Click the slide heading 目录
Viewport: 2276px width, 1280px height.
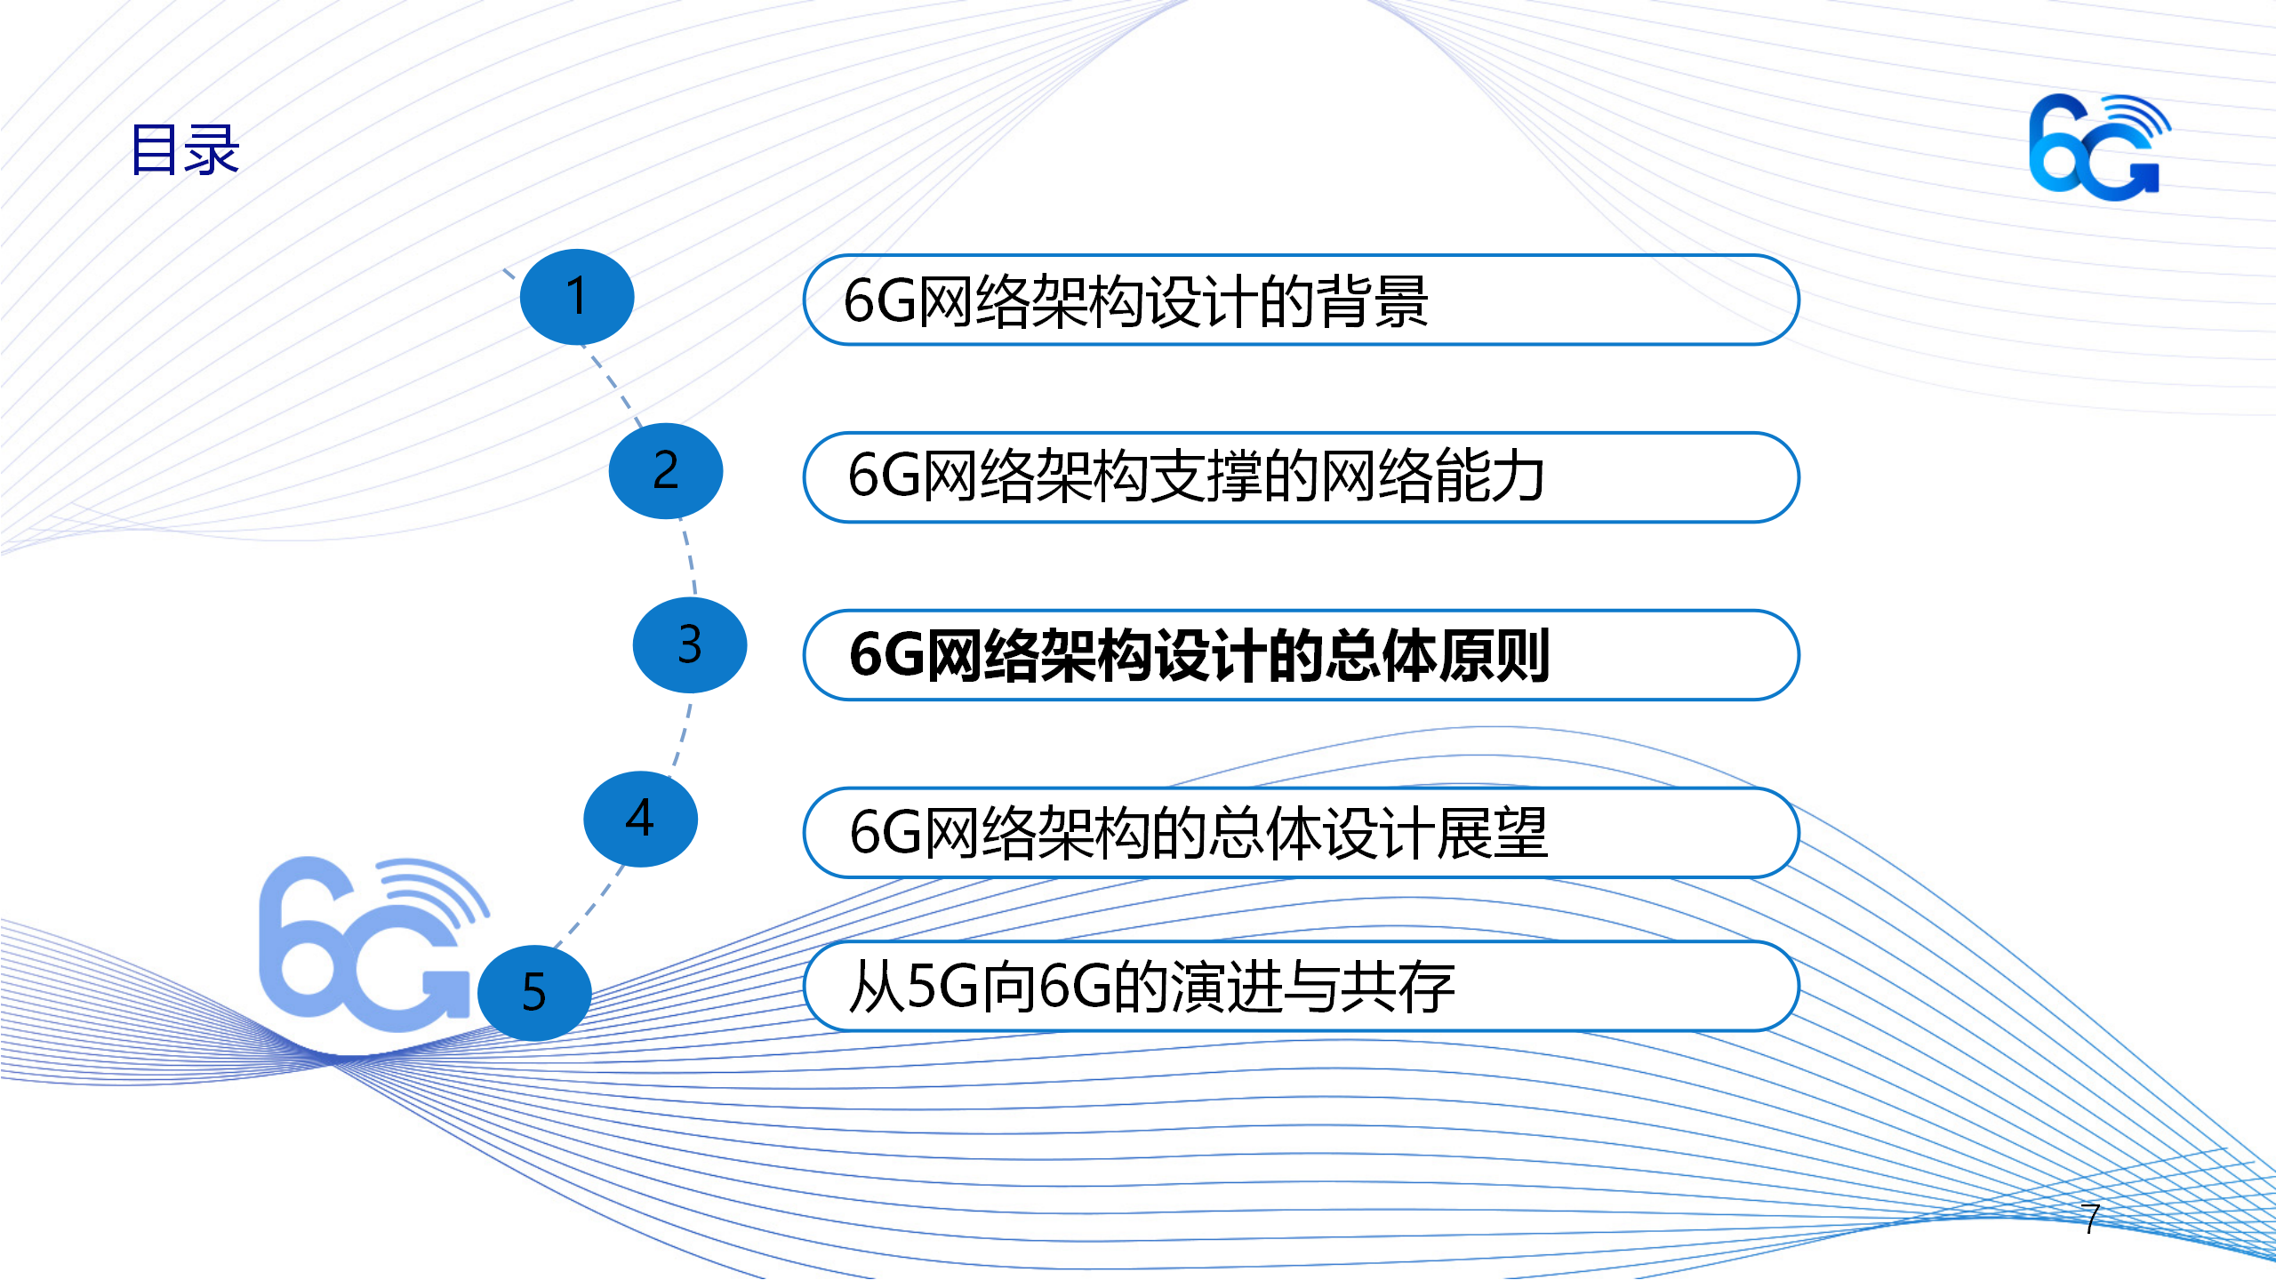(185, 149)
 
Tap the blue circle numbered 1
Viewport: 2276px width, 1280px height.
(577, 297)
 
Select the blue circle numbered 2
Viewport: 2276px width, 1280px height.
(666, 471)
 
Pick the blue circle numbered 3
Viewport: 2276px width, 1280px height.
(690, 645)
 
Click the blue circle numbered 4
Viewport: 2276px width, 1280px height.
(640, 819)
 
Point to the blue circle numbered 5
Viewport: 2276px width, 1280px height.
(534, 993)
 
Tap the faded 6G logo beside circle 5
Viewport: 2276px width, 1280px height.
(373, 944)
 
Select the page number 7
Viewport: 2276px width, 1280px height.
(2091, 1218)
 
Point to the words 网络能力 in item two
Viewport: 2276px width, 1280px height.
(1432, 476)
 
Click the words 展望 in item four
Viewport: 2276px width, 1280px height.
(1492, 833)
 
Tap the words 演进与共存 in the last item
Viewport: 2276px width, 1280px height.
(1312, 987)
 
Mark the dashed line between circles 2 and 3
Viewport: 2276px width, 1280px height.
(690, 558)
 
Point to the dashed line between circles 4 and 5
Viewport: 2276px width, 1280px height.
(589, 907)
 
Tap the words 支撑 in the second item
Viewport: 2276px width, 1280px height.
(1205, 476)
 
